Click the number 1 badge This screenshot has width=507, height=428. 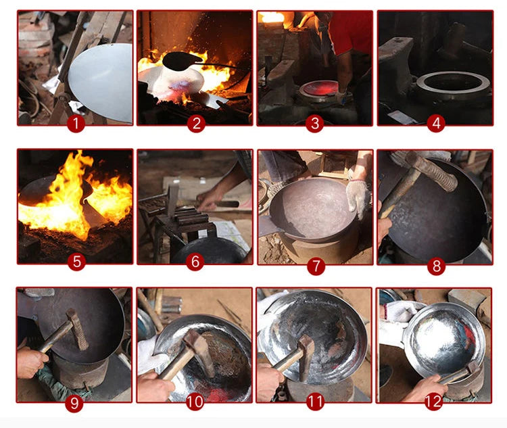[x=76, y=124]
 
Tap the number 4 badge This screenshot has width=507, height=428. [x=436, y=123]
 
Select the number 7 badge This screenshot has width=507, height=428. [x=316, y=266]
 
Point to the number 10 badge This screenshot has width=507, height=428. [x=195, y=402]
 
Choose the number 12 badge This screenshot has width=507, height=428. [x=433, y=402]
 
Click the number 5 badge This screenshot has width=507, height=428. [x=76, y=262]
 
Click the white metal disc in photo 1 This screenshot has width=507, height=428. [x=101, y=82]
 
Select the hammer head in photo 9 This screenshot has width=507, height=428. [x=78, y=330]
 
